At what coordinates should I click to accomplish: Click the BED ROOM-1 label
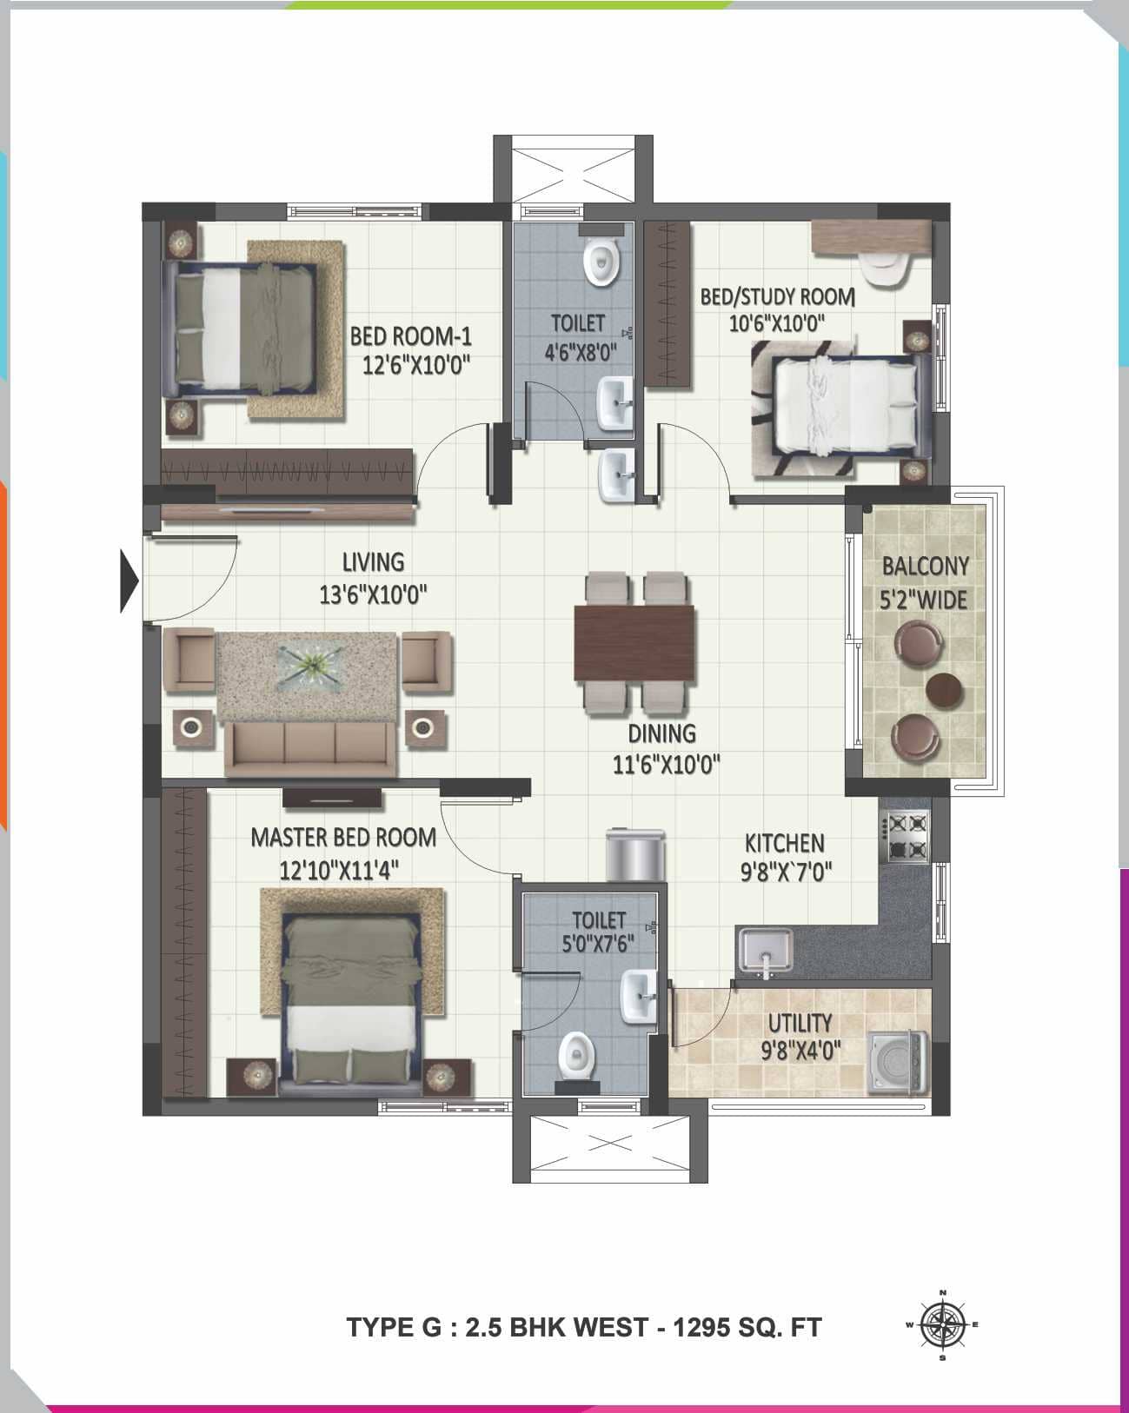pyautogui.click(x=410, y=335)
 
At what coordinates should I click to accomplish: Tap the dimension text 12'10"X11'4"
pyautogui.click(x=339, y=870)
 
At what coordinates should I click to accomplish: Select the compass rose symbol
pyautogui.click(x=942, y=1324)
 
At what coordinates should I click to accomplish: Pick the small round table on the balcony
pyautogui.click(x=945, y=689)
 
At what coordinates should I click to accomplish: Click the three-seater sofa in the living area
pyautogui.click(x=309, y=748)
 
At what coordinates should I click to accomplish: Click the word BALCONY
pyautogui.click(x=925, y=567)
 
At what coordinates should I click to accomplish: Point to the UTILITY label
pyautogui.click(x=800, y=1023)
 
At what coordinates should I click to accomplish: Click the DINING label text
pyautogui.click(x=661, y=733)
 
